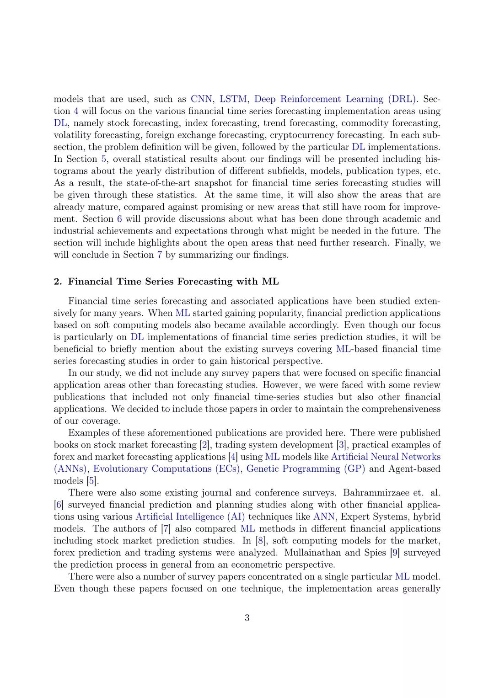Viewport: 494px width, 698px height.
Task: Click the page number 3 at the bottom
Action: (247, 618)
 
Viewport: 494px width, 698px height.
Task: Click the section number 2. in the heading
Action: (58, 282)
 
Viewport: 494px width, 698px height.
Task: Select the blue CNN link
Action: (201, 99)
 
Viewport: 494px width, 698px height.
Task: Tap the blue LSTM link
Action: (233, 99)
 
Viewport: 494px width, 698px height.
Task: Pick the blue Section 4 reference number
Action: (76, 111)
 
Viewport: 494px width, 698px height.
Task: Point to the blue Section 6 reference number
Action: (119, 219)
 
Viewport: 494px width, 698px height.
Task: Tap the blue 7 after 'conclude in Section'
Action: (160, 255)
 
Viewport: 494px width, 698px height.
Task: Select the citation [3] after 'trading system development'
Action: (341, 445)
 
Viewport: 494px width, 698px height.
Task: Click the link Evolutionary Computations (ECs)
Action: (166, 469)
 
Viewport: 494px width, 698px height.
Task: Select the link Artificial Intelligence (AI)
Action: (190, 517)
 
